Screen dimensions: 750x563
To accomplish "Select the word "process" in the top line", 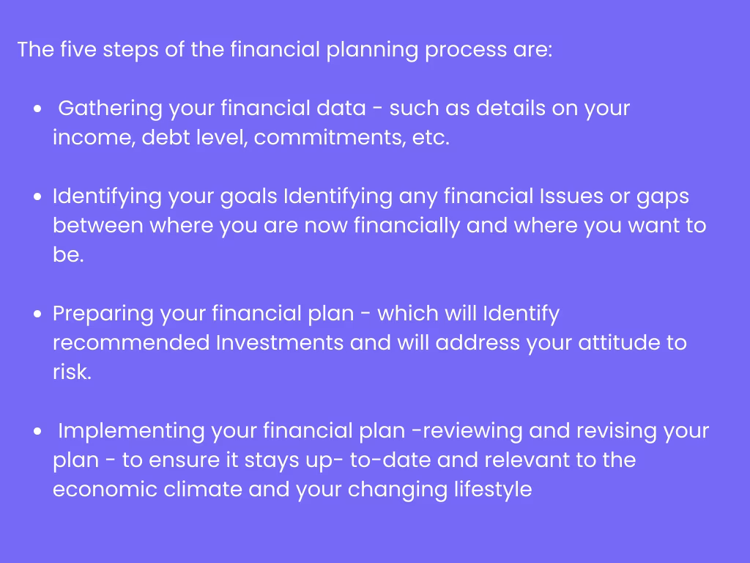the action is click(466, 51).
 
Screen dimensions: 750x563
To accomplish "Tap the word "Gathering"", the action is click(111, 108).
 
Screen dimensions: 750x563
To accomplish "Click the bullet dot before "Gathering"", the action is click(38, 108).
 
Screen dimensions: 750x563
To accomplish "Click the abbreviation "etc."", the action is click(431, 138).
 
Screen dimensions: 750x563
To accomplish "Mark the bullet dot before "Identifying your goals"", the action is click(38, 196).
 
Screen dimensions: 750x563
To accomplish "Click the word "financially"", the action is click(406, 227).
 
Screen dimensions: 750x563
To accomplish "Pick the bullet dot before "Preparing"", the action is click(38, 314).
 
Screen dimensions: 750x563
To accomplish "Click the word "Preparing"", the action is click(103, 314).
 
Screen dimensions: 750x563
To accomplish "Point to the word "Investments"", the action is click(280, 343).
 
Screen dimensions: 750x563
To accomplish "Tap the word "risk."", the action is click(72, 372).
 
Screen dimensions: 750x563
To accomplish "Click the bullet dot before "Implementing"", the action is click(38, 431).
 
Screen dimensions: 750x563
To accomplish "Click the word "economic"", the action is click(105, 489).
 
